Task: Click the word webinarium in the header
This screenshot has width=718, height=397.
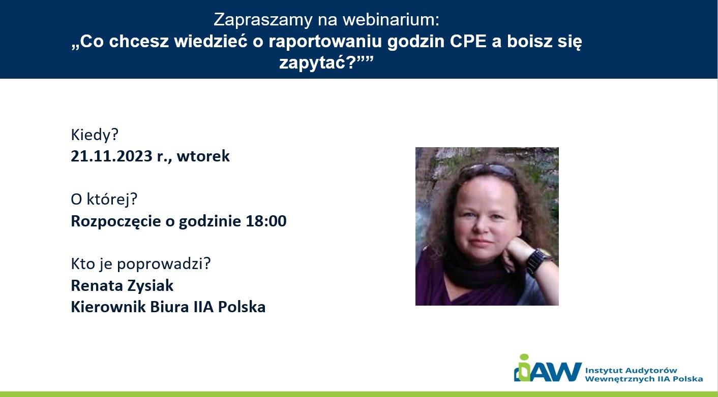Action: (x=391, y=19)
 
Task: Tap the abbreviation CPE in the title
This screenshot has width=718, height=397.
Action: (x=468, y=41)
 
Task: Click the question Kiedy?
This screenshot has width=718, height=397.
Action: (x=95, y=135)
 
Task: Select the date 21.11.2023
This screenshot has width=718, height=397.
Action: (x=111, y=156)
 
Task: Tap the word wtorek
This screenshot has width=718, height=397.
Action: (x=203, y=156)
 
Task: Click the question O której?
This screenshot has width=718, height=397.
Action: (x=104, y=200)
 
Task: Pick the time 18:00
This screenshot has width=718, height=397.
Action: (x=266, y=221)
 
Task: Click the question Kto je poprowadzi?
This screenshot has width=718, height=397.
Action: (x=141, y=264)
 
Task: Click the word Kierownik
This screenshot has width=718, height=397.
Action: (x=108, y=307)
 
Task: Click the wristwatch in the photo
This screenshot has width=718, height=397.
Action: (x=538, y=261)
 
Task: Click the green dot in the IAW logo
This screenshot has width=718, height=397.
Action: (x=524, y=357)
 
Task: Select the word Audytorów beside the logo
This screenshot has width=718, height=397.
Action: (x=651, y=371)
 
